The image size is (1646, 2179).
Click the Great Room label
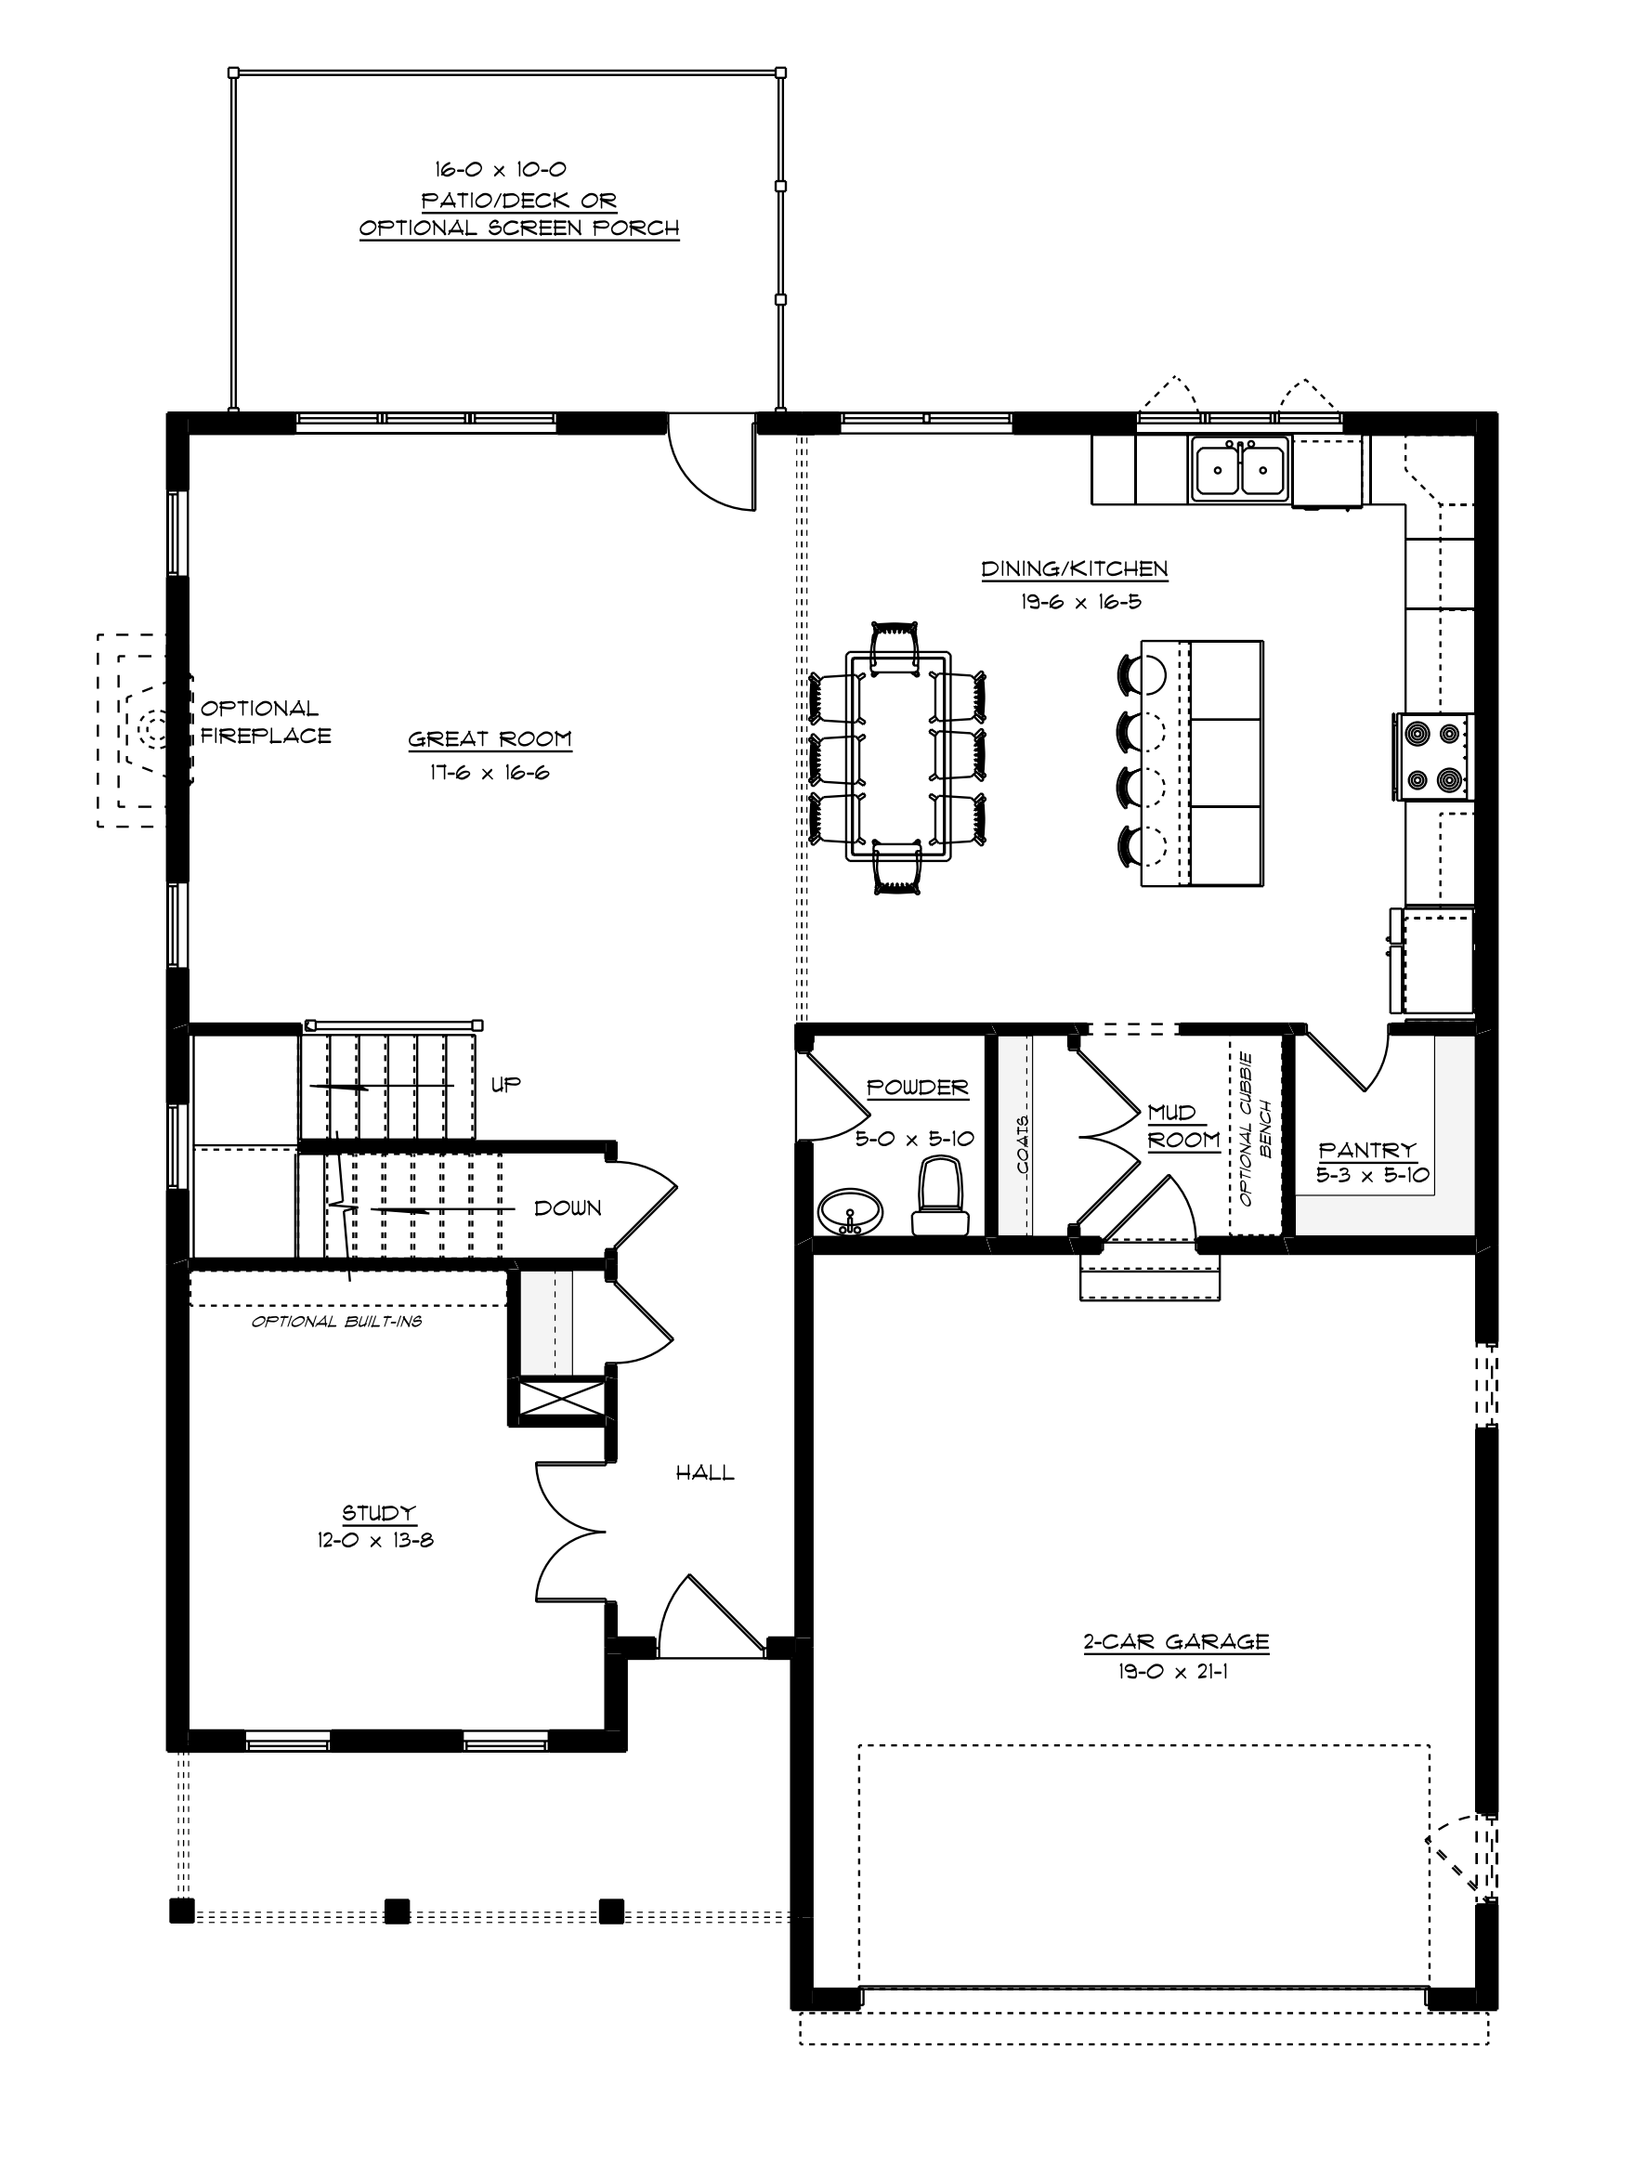coord(490,738)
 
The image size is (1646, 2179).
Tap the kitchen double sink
coord(1240,469)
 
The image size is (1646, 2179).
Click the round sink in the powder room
coord(851,1209)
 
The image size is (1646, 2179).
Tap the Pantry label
coord(1366,1150)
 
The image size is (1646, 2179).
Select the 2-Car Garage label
coord(1176,1641)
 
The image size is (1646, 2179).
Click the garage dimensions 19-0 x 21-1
coord(1172,1672)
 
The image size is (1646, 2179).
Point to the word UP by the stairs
coord(505,1085)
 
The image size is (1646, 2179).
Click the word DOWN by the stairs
coord(568,1208)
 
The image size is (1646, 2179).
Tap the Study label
coord(378,1512)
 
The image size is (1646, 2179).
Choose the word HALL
coord(704,1473)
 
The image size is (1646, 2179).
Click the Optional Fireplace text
coord(265,722)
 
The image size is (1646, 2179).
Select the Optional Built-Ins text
coord(336,1322)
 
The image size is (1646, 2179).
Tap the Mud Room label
coord(1184,1126)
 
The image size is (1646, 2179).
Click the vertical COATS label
coord(1022,1145)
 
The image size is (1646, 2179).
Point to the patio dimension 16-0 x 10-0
coord(501,169)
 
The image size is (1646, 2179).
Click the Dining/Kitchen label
coord(1074,568)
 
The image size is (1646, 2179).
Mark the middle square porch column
coord(397,1912)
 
